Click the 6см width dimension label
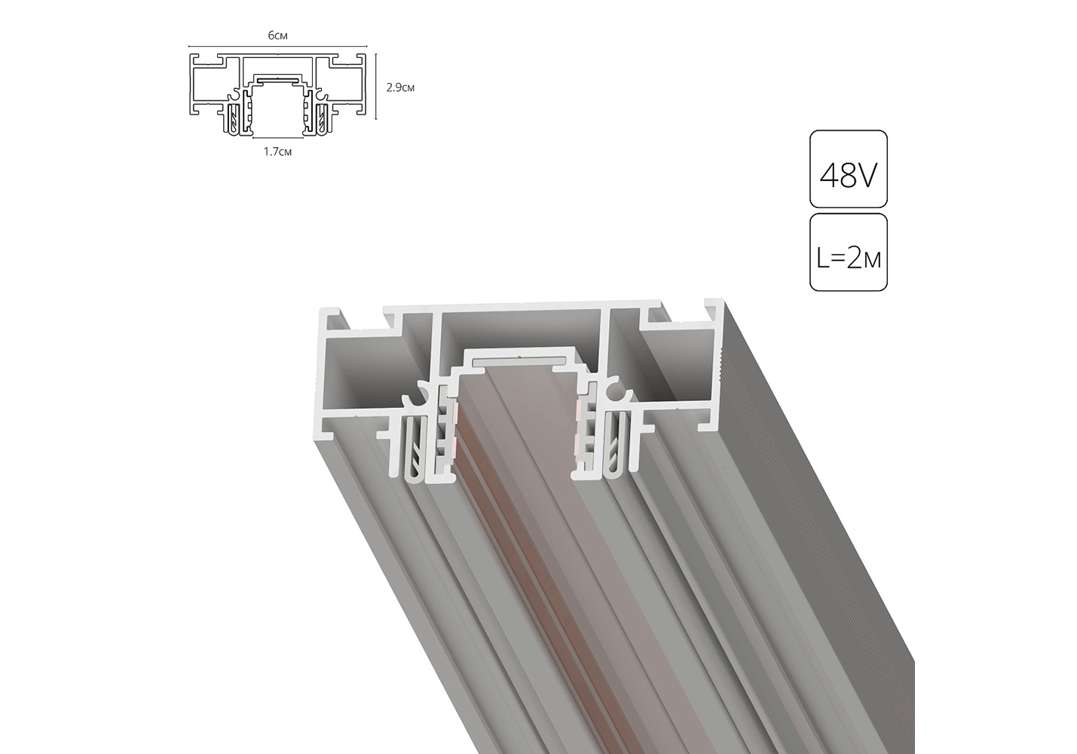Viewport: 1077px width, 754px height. pos(278,35)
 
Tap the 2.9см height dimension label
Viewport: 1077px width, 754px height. pos(400,87)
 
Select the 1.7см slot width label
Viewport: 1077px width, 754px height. pos(277,152)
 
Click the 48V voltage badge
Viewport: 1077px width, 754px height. pos(849,169)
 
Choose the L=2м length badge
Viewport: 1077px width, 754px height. pos(849,252)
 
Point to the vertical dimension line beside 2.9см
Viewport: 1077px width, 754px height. pos(376,86)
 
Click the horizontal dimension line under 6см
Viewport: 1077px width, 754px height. pos(278,46)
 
